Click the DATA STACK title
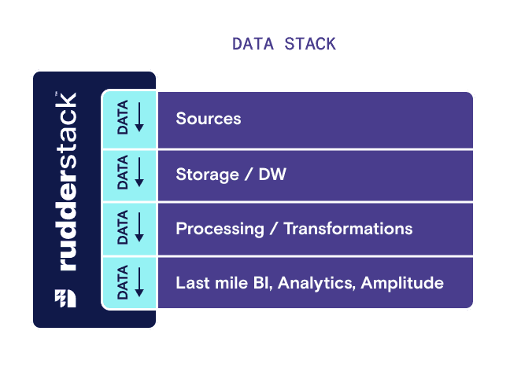pos(283,43)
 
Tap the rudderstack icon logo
pos(66,298)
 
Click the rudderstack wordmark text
pos(67,182)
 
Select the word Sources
pos(209,119)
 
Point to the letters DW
pos(272,175)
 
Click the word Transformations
pos(348,229)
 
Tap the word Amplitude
pos(402,283)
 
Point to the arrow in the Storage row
pos(139,173)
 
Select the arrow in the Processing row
pos(139,227)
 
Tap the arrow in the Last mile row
pos(139,281)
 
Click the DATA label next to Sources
pos(123,119)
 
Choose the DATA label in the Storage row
pos(123,173)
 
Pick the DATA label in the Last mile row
pos(123,281)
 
